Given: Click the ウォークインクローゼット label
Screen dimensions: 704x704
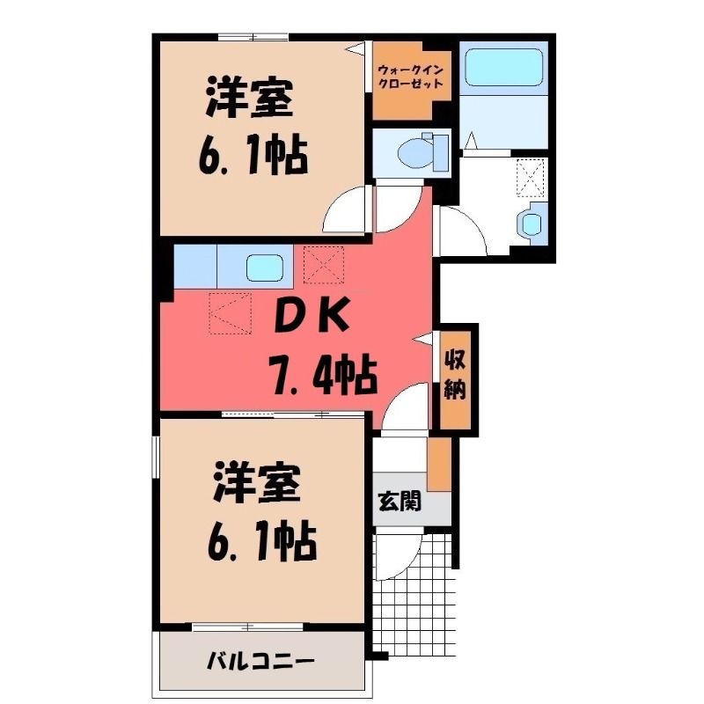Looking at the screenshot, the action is (x=410, y=77).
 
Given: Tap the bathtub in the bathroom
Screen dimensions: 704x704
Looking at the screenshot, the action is (x=503, y=67).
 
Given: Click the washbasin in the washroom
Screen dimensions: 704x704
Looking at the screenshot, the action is (x=532, y=224).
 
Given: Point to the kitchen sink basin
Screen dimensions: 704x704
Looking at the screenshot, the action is (x=265, y=268).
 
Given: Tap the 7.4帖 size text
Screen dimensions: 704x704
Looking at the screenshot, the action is (x=321, y=374).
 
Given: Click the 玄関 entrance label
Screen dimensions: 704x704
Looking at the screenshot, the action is (x=400, y=501).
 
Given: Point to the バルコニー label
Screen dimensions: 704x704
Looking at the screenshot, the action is (x=260, y=661).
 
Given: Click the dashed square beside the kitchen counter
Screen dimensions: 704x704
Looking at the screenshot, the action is (x=324, y=265).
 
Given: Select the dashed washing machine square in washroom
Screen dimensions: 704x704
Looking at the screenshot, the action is (x=531, y=178).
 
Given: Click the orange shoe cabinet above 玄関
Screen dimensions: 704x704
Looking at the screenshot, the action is (x=438, y=464).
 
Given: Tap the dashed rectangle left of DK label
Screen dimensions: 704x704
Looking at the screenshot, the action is (x=230, y=313).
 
